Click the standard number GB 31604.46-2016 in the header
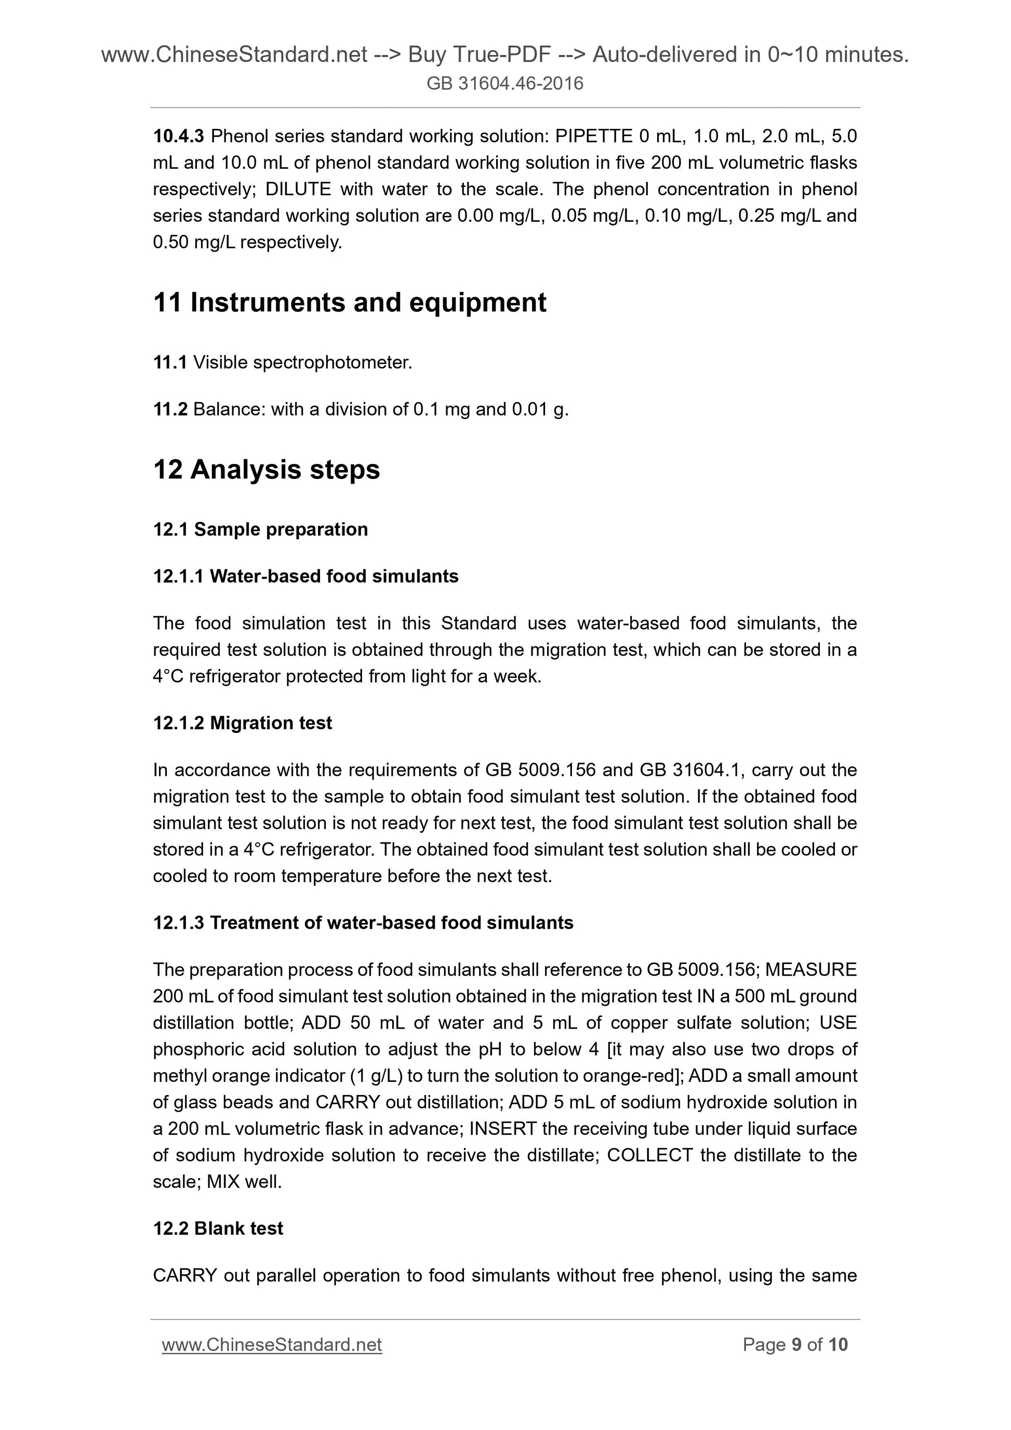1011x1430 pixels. click(x=504, y=84)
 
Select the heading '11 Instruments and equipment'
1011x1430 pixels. click(x=350, y=303)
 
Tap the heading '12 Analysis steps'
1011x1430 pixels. click(x=266, y=470)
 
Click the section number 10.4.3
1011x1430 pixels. click(x=179, y=136)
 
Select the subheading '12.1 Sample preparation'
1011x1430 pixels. click(x=260, y=529)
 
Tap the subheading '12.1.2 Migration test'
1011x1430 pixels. click(x=242, y=723)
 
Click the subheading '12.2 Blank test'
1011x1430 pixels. click(x=218, y=1228)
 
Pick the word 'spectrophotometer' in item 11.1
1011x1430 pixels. click(x=332, y=363)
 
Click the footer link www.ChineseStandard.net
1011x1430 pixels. click(x=272, y=1345)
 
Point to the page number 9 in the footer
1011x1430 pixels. click(x=796, y=1345)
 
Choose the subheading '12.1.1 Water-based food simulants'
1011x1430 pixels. click(x=305, y=576)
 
